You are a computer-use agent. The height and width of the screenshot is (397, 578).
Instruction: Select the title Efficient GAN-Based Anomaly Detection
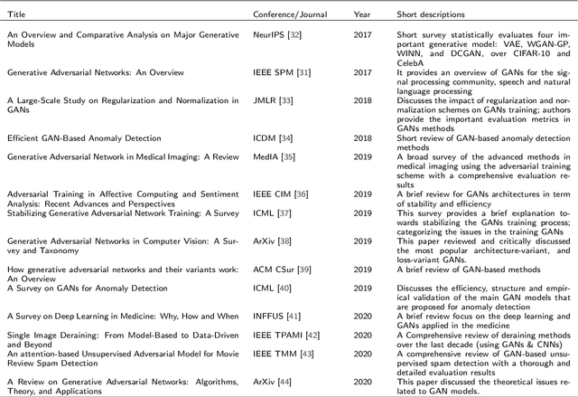[x=84, y=138]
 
